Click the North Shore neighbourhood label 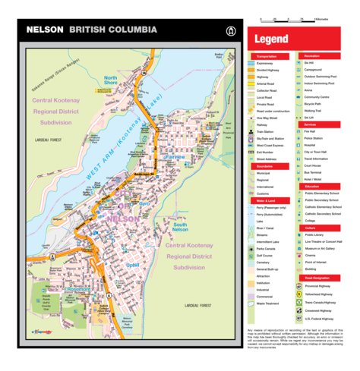coord(111,82)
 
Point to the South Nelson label coord(180,227)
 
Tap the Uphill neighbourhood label coord(133,265)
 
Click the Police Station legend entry coord(317,138)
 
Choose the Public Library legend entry coord(318,235)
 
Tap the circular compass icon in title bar coord(229,30)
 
